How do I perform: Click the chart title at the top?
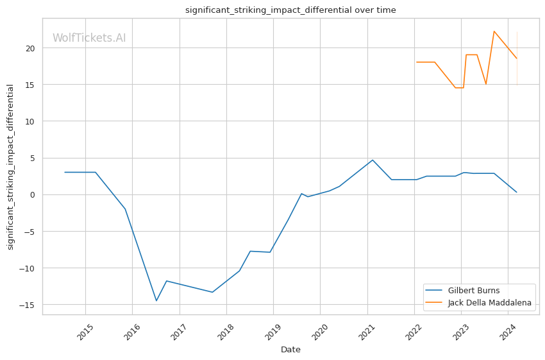coord(290,10)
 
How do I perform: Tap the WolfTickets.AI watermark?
coord(89,38)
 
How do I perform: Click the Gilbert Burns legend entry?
coord(474,291)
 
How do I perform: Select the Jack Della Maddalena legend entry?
coord(489,303)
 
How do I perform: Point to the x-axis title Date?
coord(290,350)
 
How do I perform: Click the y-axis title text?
coord(10,167)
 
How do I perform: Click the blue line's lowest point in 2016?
coord(156,301)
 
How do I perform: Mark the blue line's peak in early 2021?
coord(373,160)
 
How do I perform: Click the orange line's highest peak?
coord(494,31)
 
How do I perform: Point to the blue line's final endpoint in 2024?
coord(517,193)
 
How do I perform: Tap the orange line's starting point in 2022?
coord(417,62)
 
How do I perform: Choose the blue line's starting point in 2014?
coord(65,172)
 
